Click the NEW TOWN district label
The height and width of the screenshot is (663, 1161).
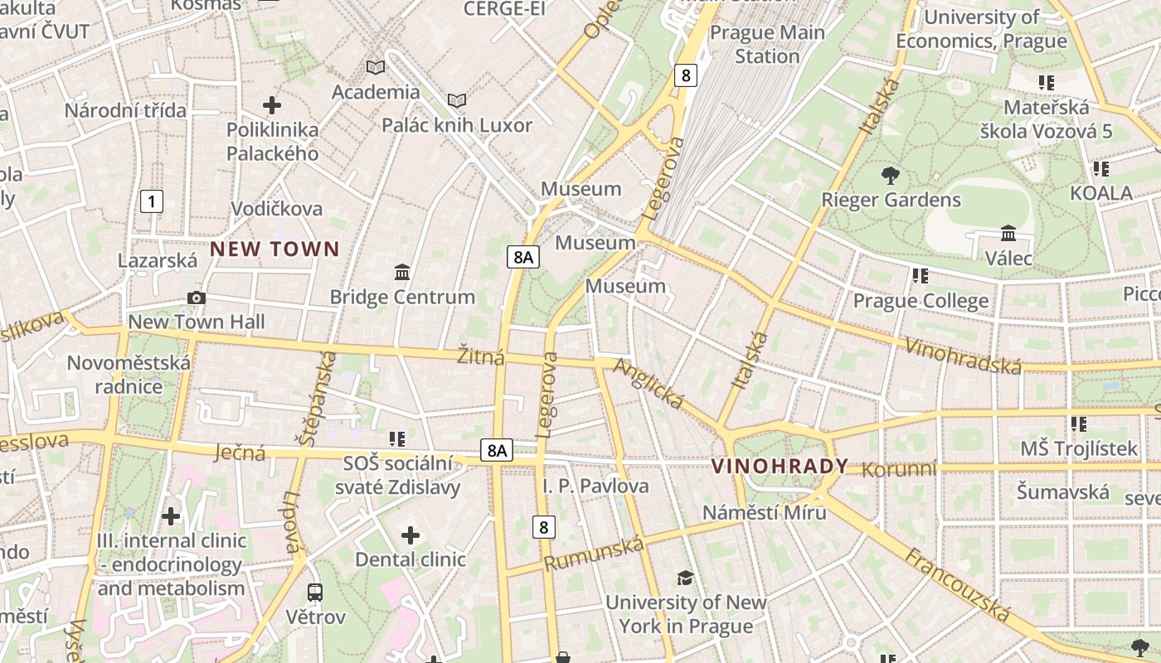click(x=274, y=249)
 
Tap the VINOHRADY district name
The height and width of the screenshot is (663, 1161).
click(x=780, y=467)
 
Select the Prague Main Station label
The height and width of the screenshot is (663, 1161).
click(x=767, y=45)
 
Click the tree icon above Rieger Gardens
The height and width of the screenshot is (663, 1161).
click(x=891, y=175)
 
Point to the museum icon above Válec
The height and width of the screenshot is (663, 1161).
click(x=1008, y=234)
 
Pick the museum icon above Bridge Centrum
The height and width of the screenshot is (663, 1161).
click(x=402, y=272)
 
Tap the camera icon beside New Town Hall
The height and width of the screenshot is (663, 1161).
click(x=197, y=298)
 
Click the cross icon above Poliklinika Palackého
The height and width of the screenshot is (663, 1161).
click(x=272, y=105)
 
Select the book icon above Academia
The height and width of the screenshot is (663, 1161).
click(x=376, y=67)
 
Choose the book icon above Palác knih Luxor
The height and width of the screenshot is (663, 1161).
click(x=457, y=100)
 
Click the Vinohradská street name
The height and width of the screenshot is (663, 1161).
click(x=962, y=356)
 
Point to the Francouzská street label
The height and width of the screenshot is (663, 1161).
click(x=958, y=585)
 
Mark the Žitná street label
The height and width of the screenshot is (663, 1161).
click(x=481, y=357)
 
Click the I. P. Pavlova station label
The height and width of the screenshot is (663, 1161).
click(x=595, y=486)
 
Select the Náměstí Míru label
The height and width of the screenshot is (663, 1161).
click(x=765, y=512)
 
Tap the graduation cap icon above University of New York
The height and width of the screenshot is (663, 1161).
click(x=685, y=578)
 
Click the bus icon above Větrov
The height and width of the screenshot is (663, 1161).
click(x=315, y=593)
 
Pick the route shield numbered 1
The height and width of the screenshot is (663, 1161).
click(x=152, y=201)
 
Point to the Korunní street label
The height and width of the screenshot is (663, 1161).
click(x=899, y=470)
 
